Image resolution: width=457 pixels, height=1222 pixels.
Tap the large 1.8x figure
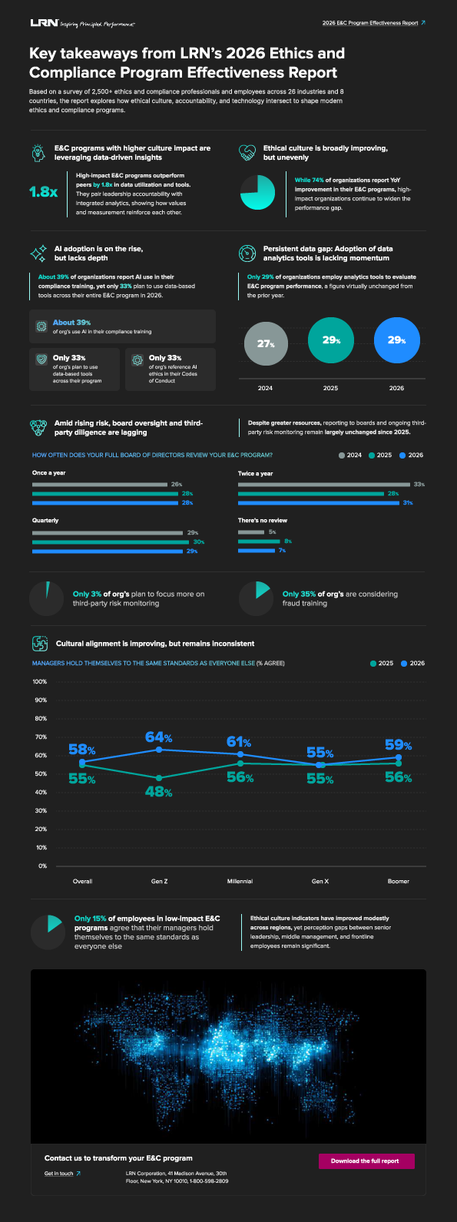click(x=43, y=192)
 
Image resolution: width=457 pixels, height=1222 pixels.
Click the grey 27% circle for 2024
click(x=266, y=343)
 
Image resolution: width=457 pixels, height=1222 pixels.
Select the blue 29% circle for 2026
click(x=396, y=339)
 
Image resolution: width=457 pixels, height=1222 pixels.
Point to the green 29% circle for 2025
click(x=331, y=339)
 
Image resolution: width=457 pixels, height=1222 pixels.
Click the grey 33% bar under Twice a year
click(x=324, y=485)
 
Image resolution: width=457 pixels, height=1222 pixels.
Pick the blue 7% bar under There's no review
click(x=257, y=550)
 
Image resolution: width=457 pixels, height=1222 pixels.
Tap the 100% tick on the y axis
click(x=40, y=681)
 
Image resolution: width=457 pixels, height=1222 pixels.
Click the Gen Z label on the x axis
click(x=160, y=881)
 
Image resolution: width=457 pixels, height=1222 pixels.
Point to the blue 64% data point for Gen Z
click(x=159, y=749)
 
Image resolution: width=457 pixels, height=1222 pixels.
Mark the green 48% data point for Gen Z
click(x=159, y=778)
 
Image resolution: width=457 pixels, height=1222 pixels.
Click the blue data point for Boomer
click(x=398, y=757)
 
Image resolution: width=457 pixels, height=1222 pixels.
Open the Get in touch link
click(x=58, y=1174)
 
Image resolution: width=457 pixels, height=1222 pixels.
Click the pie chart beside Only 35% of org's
click(x=255, y=598)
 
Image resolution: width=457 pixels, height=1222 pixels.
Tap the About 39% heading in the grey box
click(x=71, y=323)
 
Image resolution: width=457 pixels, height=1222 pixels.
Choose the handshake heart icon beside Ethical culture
click(x=247, y=152)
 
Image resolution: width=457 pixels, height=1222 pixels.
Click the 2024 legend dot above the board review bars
click(x=342, y=455)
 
